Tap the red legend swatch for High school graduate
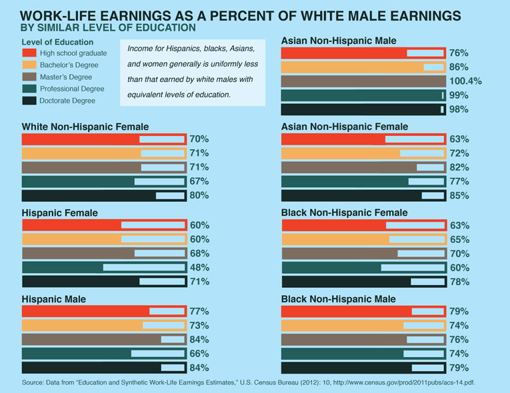29,53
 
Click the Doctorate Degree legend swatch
29,101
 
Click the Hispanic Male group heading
53,299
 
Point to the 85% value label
459,196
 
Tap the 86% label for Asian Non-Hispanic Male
459,67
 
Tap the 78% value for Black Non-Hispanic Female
459,282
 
